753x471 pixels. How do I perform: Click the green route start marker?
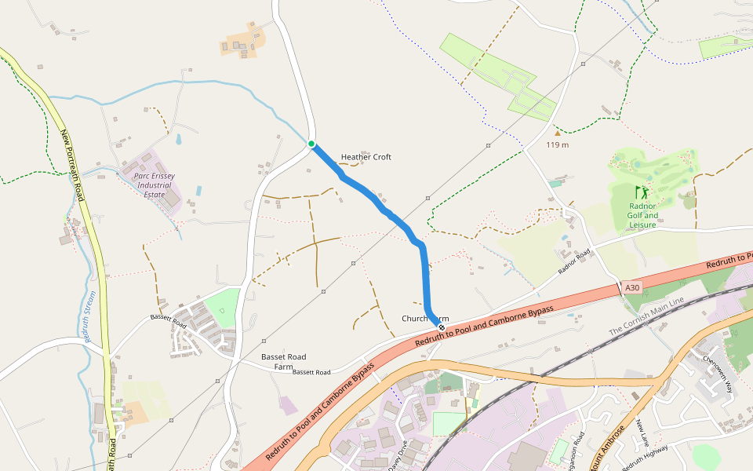[311, 144]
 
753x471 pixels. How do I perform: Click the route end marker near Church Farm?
[442, 327]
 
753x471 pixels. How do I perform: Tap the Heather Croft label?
[366, 157]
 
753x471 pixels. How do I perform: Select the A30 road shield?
[632, 289]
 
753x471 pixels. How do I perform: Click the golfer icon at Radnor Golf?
[642, 192]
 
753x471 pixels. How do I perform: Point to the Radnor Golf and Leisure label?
[642, 216]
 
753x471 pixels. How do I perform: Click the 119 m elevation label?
[558, 144]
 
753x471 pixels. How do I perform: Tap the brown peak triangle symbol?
[558, 133]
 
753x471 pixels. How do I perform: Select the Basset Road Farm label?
[283, 361]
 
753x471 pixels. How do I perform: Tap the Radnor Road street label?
[573, 261]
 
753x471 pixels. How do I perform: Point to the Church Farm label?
[424, 318]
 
